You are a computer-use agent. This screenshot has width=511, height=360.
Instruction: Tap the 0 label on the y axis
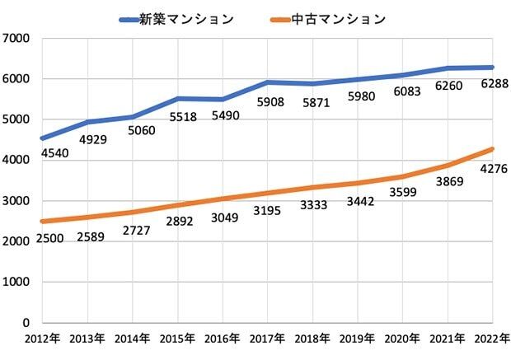tap(26, 323)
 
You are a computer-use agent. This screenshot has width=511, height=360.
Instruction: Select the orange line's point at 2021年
tap(448, 165)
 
